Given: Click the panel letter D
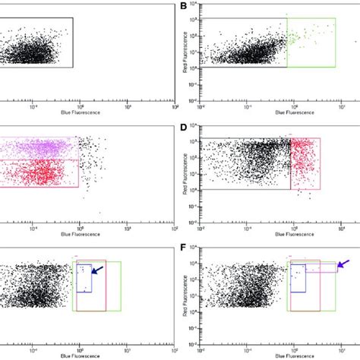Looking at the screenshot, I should point(183,130).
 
